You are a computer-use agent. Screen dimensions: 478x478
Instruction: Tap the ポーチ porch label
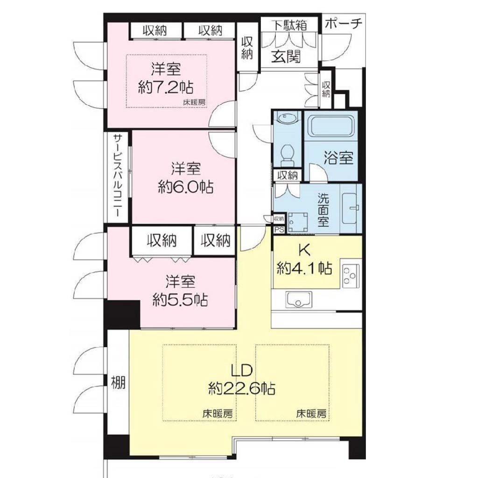click(344, 24)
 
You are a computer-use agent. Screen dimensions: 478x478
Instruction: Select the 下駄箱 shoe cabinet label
click(289, 25)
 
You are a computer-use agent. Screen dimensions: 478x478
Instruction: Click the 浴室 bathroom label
click(338, 158)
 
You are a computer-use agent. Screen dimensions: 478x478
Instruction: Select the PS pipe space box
click(279, 230)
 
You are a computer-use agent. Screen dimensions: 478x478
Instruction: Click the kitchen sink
click(299, 299)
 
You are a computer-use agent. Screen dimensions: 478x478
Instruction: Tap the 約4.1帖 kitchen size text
click(304, 268)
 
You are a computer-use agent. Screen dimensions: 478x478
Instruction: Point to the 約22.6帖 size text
click(242, 389)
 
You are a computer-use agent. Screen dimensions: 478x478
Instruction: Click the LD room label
click(242, 370)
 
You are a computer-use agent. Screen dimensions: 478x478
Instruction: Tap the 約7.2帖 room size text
click(166, 88)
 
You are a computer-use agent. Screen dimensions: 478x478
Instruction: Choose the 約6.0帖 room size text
click(186, 187)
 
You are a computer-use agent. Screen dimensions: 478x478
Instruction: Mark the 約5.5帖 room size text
click(180, 299)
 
